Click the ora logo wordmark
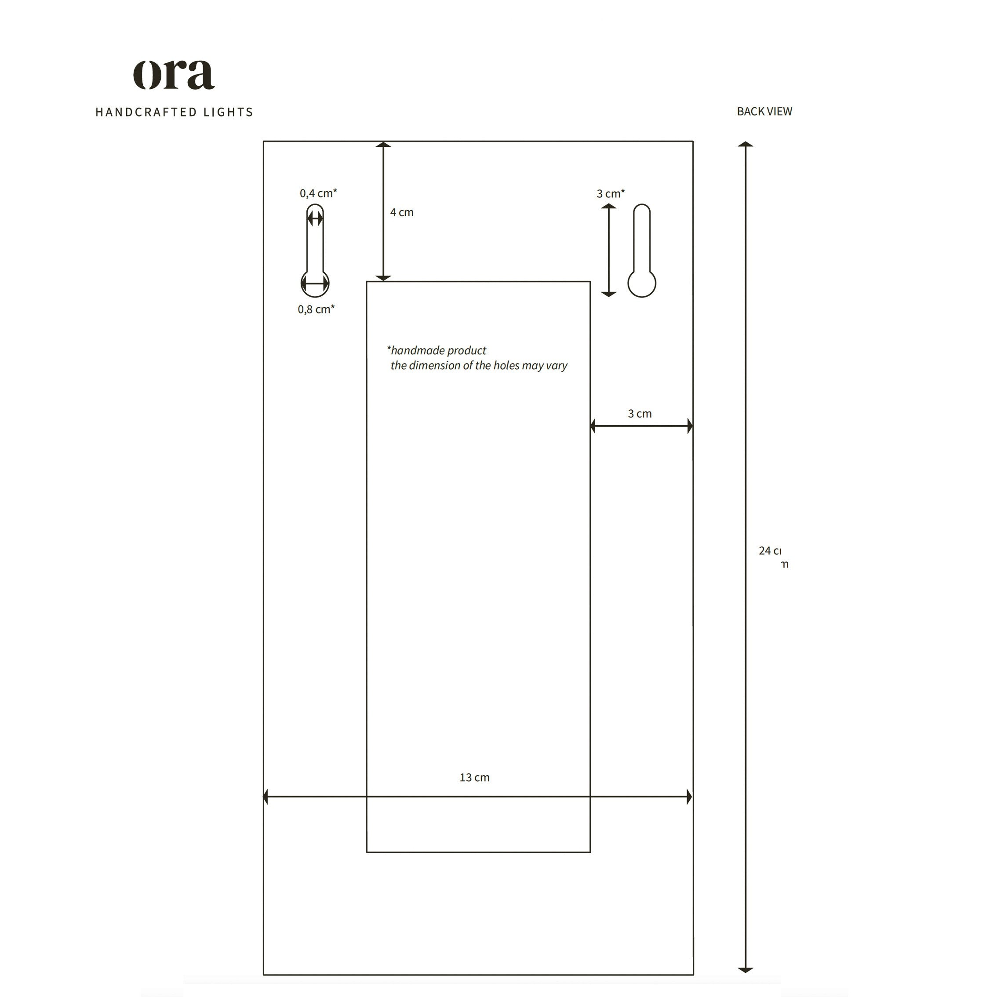click(x=174, y=75)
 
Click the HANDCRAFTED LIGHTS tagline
click(x=174, y=112)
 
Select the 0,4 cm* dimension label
click(x=318, y=193)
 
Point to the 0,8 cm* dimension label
click(x=316, y=309)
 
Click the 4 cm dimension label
click(x=401, y=212)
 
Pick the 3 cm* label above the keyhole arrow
click(x=611, y=193)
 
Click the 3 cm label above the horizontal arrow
click(x=639, y=413)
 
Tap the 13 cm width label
click(x=474, y=777)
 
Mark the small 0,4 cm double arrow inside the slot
click(x=315, y=219)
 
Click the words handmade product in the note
click(x=438, y=350)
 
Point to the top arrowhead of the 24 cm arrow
click(x=745, y=145)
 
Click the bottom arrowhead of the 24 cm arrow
click(x=745, y=969)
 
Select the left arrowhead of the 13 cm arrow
click(x=266, y=797)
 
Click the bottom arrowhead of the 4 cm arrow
click(x=383, y=278)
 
